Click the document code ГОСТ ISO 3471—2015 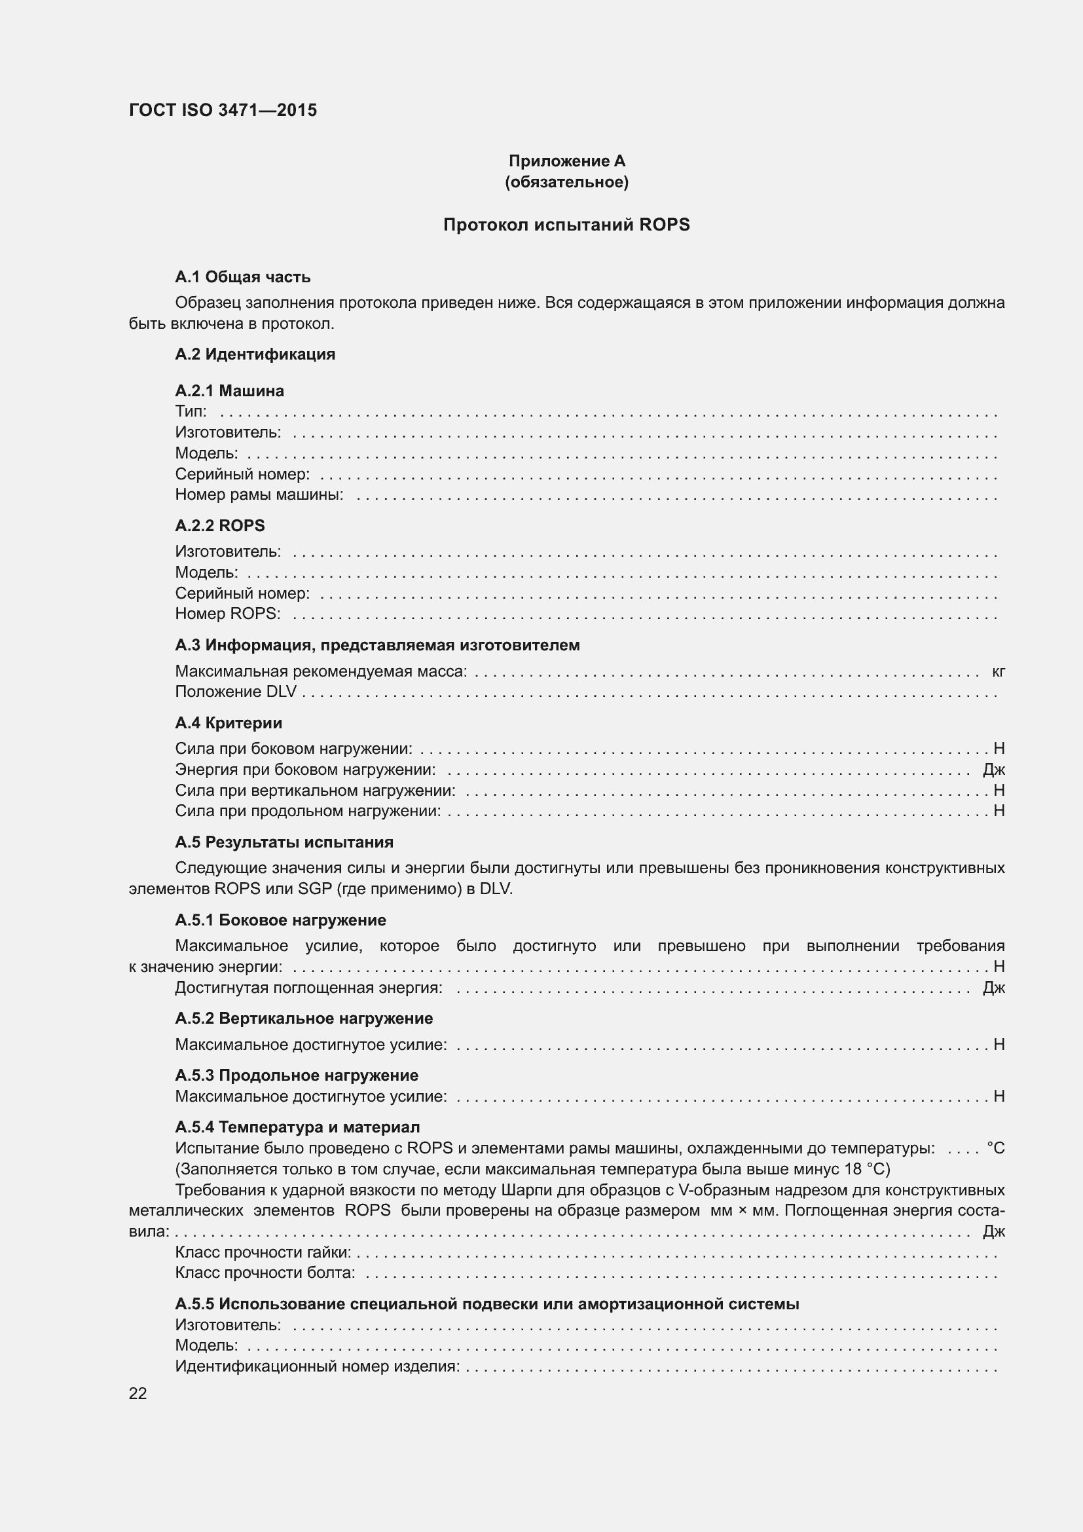click(x=223, y=110)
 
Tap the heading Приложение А click(x=566, y=161)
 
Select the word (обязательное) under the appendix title click(x=566, y=182)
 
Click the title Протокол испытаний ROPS click(x=566, y=225)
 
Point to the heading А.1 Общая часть click(x=242, y=277)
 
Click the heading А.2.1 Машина click(x=229, y=390)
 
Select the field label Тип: click(x=191, y=411)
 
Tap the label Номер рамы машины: click(x=259, y=495)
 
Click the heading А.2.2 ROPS click(x=219, y=525)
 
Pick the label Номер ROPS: click(x=227, y=613)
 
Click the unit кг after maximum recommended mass click(x=998, y=671)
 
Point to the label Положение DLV click(x=236, y=692)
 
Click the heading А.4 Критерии click(x=228, y=722)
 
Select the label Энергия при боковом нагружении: click(x=304, y=770)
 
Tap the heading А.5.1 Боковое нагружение click(x=280, y=920)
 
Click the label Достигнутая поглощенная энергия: click(x=309, y=988)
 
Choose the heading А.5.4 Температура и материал click(x=297, y=1127)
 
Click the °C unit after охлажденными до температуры click(x=995, y=1148)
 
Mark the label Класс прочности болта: click(x=265, y=1273)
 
